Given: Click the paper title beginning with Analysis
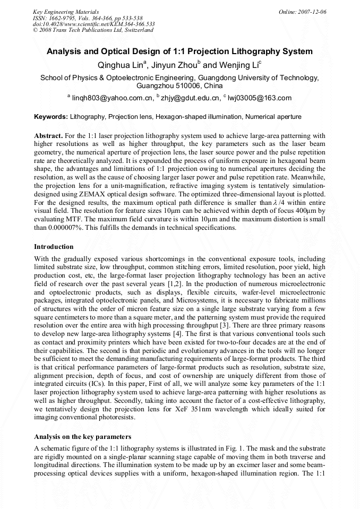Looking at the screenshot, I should tap(179, 52).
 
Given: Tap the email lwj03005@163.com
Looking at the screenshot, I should tap(260, 98).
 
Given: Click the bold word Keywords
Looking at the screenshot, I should tap(50, 117).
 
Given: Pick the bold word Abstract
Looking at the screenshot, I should tap(48, 136).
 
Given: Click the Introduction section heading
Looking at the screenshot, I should tap(54, 247).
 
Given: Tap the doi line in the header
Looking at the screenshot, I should tap(93, 24).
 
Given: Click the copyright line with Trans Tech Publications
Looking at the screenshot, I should tap(93, 30).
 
